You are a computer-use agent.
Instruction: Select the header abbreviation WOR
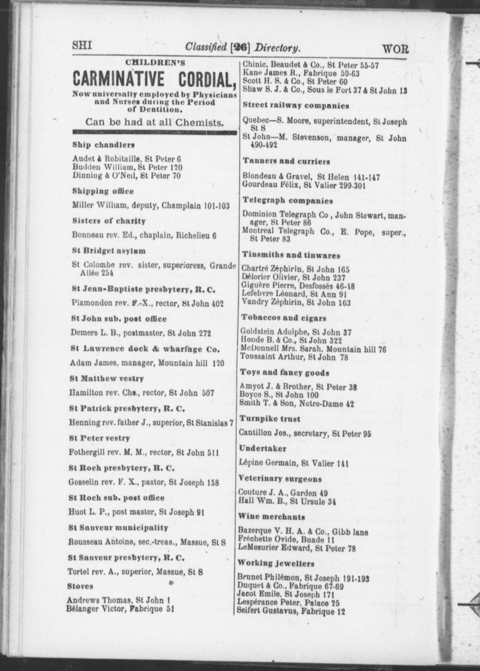point(395,48)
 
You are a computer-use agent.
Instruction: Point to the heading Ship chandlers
point(103,145)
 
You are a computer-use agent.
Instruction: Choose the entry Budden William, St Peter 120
point(127,167)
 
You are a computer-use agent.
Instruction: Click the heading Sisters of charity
point(109,221)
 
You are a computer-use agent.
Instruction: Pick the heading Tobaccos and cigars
point(283,318)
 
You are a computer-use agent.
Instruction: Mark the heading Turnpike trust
point(269,419)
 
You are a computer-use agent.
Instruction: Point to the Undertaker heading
point(263,449)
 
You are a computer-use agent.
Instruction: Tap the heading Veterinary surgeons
point(280,479)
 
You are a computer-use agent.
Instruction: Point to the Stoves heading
point(80,586)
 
